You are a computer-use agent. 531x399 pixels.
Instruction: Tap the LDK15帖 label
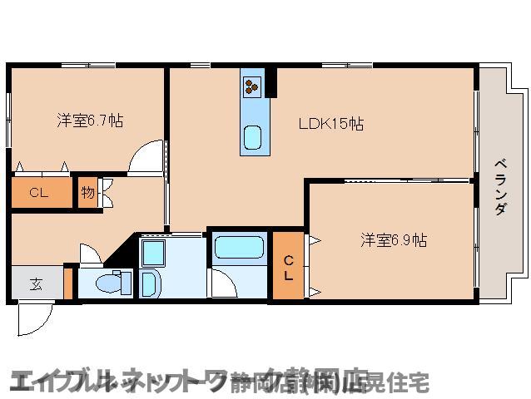(x=330, y=124)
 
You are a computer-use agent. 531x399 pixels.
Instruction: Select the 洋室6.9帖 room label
(x=394, y=240)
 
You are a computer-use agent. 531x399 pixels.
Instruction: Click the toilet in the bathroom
(x=108, y=283)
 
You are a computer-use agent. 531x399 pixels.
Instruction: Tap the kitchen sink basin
(x=252, y=135)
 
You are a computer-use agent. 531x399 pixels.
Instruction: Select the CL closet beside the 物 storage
(x=39, y=192)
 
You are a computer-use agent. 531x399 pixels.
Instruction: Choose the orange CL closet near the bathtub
(x=288, y=265)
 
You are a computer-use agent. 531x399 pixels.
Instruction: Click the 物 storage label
(x=87, y=193)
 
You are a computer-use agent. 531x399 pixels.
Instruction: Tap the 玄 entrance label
(x=36, y=283)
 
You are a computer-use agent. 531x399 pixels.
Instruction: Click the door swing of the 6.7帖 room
(x=146, y=156)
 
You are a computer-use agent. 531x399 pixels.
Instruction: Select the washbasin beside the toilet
(x=150, y=283)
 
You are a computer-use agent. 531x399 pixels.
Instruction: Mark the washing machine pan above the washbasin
(x=153, y=250)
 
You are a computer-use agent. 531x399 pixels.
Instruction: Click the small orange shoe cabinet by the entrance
(x=69, y=282)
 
